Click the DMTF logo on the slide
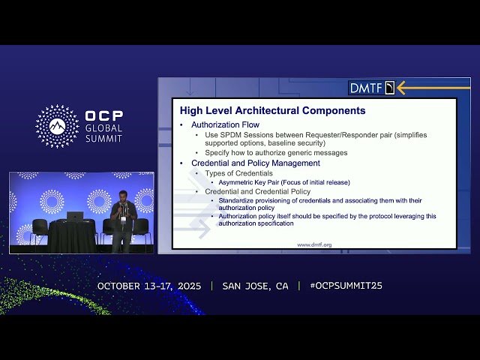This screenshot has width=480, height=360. (x=371, y=88)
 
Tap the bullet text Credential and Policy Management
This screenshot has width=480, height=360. (x=256, y=163)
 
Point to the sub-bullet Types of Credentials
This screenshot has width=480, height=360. (x=239, y=173)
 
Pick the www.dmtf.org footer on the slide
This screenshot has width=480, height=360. (x=314, y=244)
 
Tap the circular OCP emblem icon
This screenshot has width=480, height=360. (x=57, y=126)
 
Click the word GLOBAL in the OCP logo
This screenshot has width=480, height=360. (x=103, y=127)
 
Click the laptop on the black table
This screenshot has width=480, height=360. (x=75, y=216)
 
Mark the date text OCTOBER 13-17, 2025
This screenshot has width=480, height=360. (x=151, y=286)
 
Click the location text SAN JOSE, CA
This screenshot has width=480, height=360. (x=255, y=286)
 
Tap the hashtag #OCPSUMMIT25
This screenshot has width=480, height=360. (x=346, y=286)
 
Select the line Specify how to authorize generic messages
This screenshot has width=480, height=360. (x=276, y=152)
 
